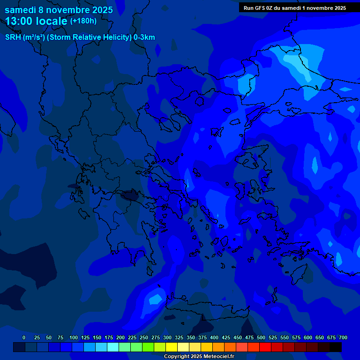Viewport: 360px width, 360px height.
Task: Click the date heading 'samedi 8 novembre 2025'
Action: click(59, 9)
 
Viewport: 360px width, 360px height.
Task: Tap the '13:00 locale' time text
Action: click(36, 21)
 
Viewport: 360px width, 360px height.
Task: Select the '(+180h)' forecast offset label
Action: click(83, 21)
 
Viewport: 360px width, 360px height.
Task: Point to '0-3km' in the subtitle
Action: click(144, 37)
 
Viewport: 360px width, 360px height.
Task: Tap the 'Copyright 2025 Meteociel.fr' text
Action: click(199, 356)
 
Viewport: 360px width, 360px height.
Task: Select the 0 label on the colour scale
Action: click(24, 337)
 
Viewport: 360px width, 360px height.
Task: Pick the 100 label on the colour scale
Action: click(74, 337)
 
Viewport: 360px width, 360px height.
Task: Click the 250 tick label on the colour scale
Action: click(144, 337)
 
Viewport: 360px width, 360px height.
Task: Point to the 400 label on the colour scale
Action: click(214, 337)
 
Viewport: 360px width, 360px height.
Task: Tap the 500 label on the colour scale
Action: click(261, 337)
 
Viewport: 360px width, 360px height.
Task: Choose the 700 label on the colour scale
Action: click(343, 337)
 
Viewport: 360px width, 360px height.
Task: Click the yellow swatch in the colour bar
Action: click(172, 347)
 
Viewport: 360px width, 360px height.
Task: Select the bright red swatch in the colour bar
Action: click(265, 347)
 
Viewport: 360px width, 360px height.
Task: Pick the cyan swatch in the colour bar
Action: click(113, 347)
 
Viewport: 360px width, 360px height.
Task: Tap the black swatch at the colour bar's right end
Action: click(336, 347)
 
